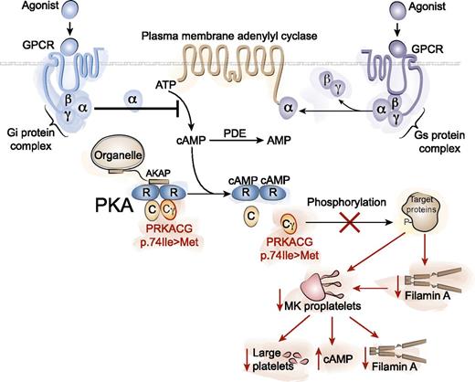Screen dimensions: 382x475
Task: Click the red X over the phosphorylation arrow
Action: click(x=347, y=223)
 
